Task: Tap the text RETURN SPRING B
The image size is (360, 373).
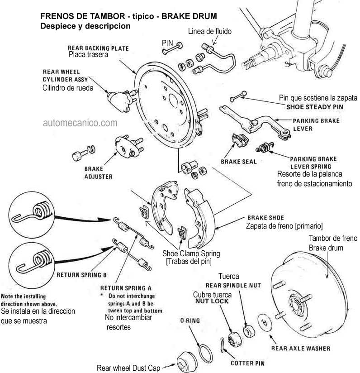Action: (81, 274)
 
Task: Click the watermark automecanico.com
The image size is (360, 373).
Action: (81, 122)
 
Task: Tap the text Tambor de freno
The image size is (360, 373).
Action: (332, 239)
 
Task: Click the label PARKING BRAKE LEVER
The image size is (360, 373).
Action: (316, 124)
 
